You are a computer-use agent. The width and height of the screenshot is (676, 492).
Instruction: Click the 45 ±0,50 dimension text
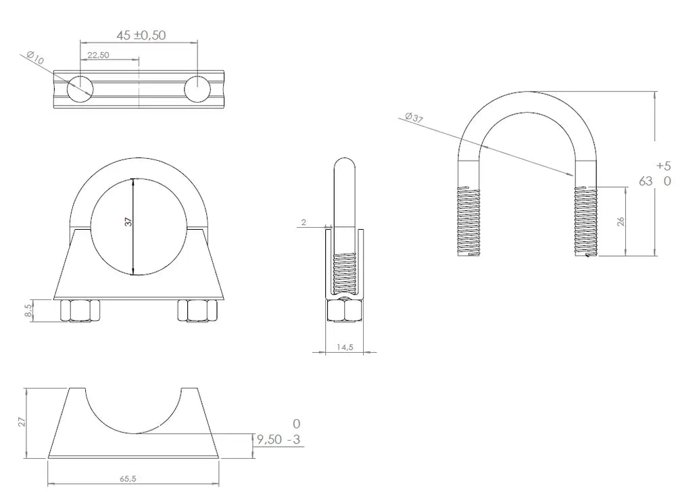[141, 35]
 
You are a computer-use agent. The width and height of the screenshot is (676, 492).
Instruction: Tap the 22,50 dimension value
[98, 55]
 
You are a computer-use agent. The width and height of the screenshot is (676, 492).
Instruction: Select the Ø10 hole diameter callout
[35, 57]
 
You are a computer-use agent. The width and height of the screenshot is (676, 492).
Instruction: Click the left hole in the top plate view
[80, 89]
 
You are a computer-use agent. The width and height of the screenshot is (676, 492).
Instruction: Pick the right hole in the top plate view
[197, 89]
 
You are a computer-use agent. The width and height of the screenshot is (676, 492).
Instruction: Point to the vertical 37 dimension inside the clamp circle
[128, 222]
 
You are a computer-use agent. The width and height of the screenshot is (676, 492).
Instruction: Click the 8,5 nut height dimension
[28, 311]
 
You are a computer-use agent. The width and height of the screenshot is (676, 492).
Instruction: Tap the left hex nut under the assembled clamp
[80, 310]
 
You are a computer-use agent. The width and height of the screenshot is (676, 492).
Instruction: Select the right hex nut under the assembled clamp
[197, 310]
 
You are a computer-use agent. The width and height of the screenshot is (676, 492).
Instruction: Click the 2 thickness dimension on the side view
[304, 222]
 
